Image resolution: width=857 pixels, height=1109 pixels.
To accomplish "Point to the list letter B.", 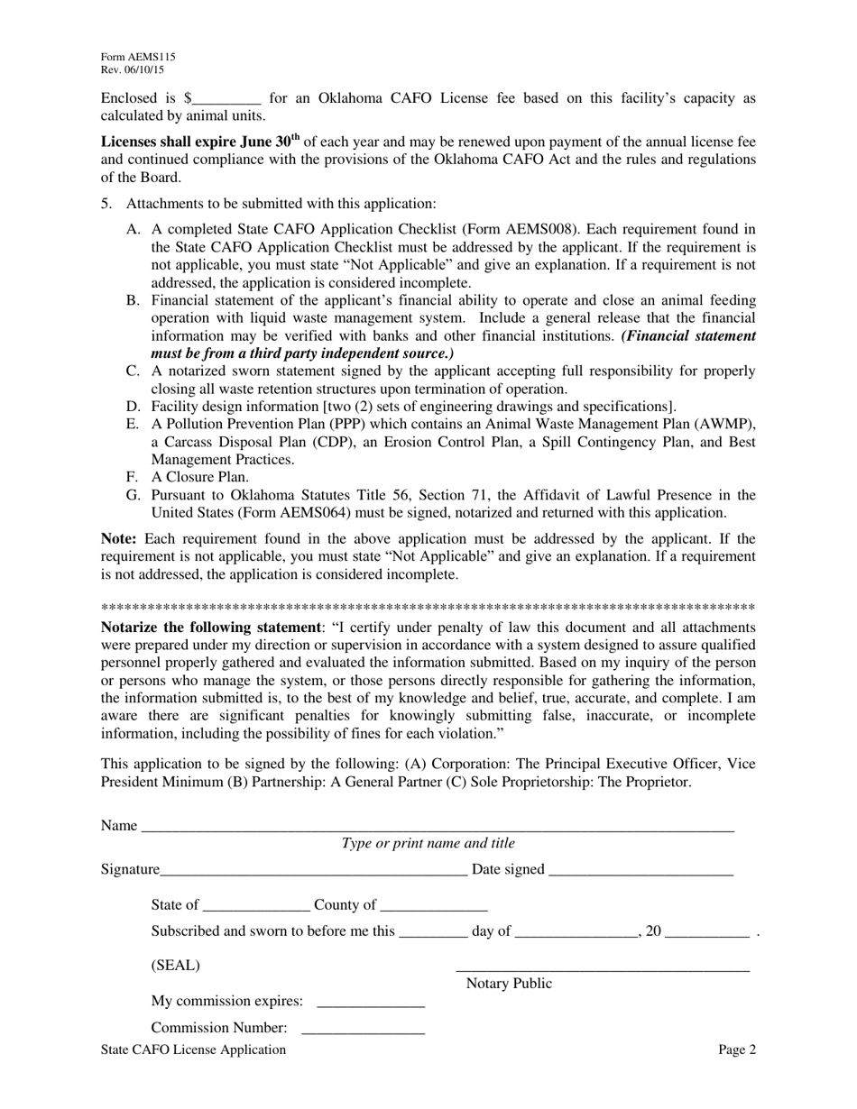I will click(x=133, y=300).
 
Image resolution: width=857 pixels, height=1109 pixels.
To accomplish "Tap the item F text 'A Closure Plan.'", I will click(x=199, y=477).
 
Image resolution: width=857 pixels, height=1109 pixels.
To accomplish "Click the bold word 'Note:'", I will click(x=118, y=539).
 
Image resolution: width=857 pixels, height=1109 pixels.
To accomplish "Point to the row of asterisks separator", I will click(x=428, y=608).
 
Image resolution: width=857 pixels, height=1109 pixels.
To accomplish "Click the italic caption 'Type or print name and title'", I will click(x=428, y=844).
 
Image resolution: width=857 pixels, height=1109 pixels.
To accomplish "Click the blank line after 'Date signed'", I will click(x=640, y=871).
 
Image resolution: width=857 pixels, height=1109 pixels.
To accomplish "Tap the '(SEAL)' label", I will click(x=175, y=966).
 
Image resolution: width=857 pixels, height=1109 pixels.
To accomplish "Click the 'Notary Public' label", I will click(x=509, y=984).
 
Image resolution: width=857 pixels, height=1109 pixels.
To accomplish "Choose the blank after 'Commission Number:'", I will click(x=362, y=1030).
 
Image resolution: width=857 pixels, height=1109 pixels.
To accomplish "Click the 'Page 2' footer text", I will click(x=737, y=1049).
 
